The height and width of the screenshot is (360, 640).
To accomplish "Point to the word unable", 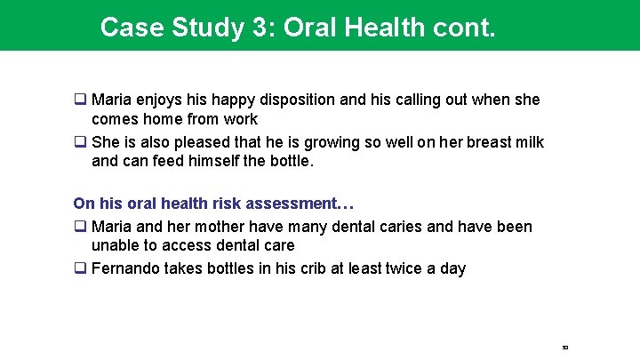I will pyautogui.click(x=116, y=245).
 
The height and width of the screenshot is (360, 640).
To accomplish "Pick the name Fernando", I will pyautogui.click(x=126, y=268).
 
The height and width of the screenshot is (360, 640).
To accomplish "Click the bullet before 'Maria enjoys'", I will pyautogui.click(x=80, y=100).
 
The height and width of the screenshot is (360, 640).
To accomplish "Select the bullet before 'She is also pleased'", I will pyautogui.click(x=80, y=143).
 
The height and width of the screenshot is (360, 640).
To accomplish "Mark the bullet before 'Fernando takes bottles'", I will pyautogui.click(x=80, y=268).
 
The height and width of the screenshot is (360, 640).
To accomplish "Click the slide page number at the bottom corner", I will pyautogui.click(x=564, y=347).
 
